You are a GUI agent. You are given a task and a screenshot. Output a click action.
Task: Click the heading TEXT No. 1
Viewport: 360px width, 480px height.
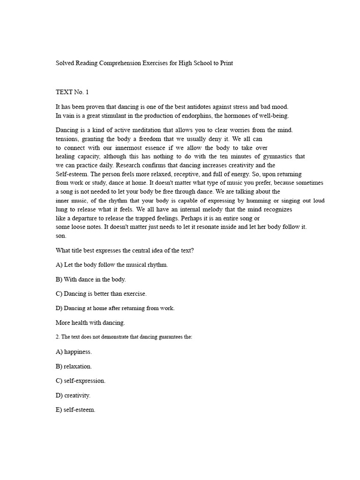point(72,92)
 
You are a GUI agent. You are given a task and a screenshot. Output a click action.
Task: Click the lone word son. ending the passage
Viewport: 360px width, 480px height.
point(61,236)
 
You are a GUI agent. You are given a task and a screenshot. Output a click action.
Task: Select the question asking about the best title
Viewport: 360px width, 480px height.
point(125,250)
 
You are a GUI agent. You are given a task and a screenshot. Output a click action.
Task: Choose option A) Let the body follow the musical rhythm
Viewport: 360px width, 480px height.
point(112,265)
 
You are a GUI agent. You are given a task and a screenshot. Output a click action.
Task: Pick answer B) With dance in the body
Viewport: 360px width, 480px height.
point(90,279)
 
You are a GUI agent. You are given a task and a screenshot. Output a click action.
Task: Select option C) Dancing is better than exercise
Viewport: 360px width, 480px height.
point(101,293)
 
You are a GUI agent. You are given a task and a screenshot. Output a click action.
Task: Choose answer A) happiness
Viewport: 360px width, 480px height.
point(74,351)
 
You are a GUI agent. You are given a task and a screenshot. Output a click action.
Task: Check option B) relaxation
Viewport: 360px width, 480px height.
point(74,366)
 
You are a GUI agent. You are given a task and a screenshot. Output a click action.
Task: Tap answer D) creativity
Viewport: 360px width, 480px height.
point(73,395)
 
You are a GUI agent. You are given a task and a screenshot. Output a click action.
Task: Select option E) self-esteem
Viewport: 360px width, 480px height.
point(75,410)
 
